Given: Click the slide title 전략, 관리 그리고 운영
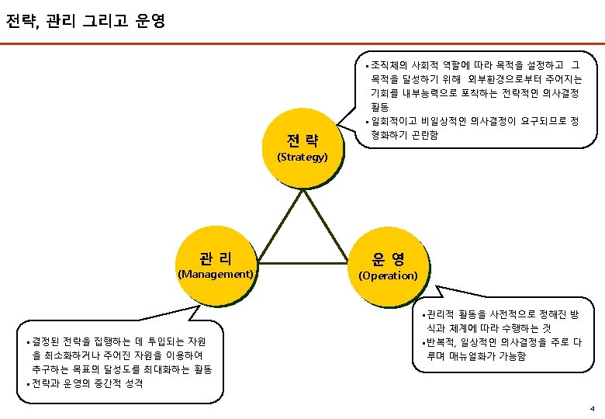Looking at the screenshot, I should (x=85, y=19).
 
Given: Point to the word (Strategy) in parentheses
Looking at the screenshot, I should (x=302, y=157).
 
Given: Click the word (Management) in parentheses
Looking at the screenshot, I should (x=216, y=274).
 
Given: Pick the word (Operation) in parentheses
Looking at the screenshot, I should (x=388, y=275).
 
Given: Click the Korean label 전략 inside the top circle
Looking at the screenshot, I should (x=302, y=140).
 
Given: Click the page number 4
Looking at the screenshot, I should (x=592, y=408).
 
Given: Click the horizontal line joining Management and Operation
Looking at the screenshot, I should (x=302, y=263).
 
